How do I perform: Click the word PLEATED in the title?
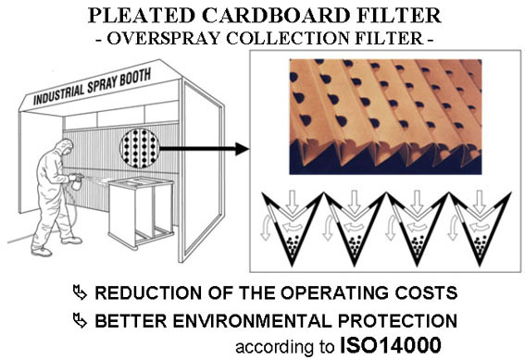tap(141, 15)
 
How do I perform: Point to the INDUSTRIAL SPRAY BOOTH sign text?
tap(92, 87)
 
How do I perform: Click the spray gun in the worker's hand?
tap(77, 180)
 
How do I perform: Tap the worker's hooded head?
tap(65, 147)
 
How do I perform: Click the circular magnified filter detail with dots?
tap(140, 148)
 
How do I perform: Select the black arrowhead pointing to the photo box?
tap(242, 149)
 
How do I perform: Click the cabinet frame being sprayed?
tap(142, 213)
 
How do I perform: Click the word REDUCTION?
tap(148, 292)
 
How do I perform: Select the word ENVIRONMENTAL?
tap(252, 321)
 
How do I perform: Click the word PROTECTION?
tap(397, 321)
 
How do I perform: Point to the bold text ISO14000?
tap(391, 345)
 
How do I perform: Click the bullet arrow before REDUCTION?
tap(80, 292)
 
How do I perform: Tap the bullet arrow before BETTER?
tap(80, 320)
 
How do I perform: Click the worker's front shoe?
tap(42, 252)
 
